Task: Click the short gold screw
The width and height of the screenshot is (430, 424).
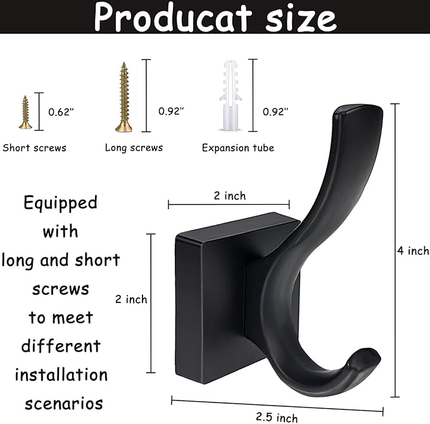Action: point(25,113)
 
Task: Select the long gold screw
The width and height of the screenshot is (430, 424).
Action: point(123,97)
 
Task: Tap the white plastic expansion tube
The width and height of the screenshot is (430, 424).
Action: point(231,96)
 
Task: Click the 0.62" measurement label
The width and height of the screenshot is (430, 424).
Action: point(61,112)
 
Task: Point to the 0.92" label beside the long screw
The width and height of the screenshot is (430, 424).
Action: point(171,111)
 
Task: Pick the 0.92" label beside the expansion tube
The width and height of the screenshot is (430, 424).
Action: point(275,112)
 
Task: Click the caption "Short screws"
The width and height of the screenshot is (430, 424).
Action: point(35,148)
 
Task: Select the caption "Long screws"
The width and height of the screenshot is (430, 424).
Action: point(134,148)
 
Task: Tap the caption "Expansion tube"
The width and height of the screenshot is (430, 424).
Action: point(238,148)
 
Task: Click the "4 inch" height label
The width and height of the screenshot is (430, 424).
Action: point(413,251)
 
